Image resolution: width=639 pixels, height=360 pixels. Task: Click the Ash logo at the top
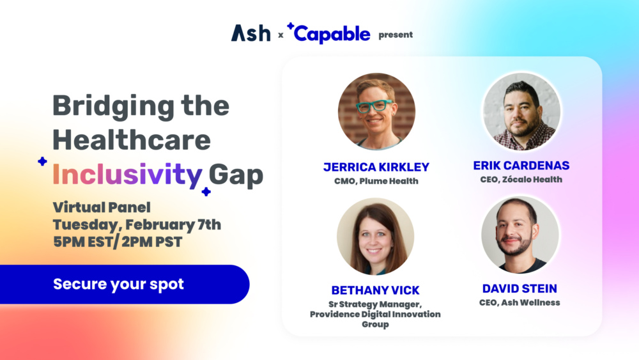[250, 33]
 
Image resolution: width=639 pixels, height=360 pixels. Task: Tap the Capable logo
[328, 33]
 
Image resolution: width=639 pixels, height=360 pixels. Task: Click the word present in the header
[396, 35]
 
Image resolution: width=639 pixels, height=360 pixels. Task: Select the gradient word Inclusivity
[127, 175]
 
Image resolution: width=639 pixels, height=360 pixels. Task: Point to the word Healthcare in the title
[132, 140]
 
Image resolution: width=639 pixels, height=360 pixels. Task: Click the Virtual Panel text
[102, 207]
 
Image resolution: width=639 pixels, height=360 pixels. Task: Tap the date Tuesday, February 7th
[137, 224]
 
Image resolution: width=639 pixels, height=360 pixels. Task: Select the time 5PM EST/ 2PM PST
[118, 242]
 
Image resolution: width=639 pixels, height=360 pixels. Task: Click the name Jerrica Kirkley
[376, 167]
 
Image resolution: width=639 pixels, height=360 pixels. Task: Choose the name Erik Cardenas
[521, 166]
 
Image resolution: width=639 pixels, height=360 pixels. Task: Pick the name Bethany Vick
[375, 290]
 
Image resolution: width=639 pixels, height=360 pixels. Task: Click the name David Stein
[520, 288]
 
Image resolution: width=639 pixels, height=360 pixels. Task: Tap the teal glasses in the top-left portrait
[374, 106]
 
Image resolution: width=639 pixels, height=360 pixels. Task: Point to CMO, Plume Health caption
[376, 181]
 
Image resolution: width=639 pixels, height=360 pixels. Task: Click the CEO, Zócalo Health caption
[521, 180]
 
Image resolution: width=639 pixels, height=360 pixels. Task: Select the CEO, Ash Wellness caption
[520, 302]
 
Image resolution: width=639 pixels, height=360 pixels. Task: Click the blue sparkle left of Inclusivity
[42, 161]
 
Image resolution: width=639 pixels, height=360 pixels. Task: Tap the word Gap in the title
[236, 176]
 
